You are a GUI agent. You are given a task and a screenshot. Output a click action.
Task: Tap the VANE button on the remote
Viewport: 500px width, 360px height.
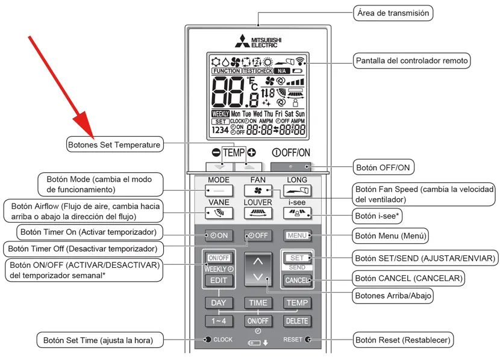[x=218, y=213]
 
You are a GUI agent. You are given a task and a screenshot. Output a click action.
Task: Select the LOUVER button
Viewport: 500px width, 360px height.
[x=258, y=213]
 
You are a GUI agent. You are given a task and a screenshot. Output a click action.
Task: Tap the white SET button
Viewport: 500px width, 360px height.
[x=297, y=258]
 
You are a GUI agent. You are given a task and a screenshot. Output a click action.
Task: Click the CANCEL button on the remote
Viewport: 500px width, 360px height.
[x=297, y=281]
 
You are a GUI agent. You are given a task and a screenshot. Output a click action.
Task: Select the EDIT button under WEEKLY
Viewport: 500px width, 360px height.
[x=218, y=281]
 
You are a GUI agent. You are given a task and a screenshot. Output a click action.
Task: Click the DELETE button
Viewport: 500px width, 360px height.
[x=297, y=321]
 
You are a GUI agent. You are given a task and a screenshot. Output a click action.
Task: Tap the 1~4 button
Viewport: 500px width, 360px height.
[x=218, y=321]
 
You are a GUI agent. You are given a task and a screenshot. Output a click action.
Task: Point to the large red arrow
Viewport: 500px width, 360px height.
[x=61, y=84]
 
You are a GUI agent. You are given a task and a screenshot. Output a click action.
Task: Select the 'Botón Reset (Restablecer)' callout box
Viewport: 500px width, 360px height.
[x=402, y=340]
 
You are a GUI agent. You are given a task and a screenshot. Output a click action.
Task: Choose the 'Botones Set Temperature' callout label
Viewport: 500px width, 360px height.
[x=114, y=144]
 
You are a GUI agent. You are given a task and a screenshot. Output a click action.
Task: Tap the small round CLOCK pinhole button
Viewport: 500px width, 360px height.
[x=208, y=340]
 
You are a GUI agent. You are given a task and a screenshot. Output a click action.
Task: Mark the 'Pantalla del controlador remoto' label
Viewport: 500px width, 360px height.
[x=411, y=60]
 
